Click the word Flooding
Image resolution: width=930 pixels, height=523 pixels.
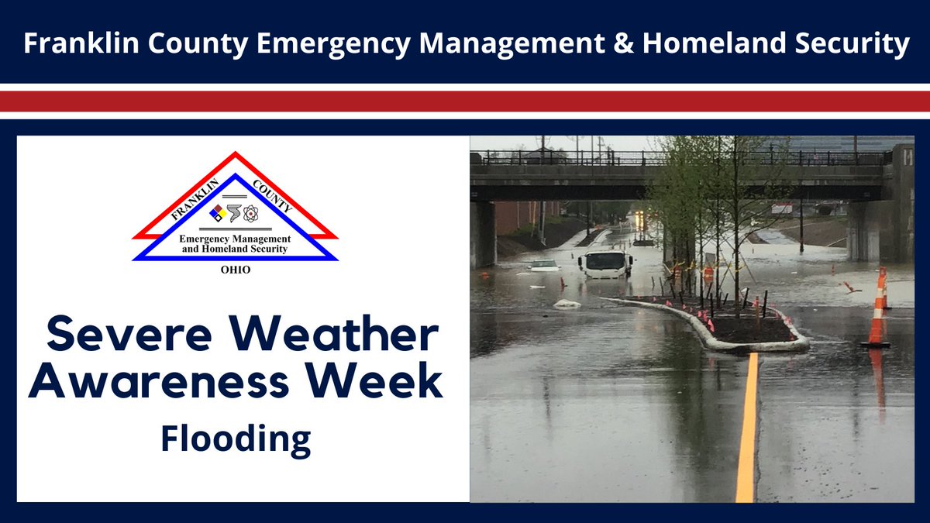(236, 440)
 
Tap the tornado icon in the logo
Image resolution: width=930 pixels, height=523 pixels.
(236, 212)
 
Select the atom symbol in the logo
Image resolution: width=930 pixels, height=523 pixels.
(253, 213)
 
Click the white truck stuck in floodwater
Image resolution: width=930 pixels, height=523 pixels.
(605, 264)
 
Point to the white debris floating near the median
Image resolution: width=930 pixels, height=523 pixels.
(567, 304)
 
